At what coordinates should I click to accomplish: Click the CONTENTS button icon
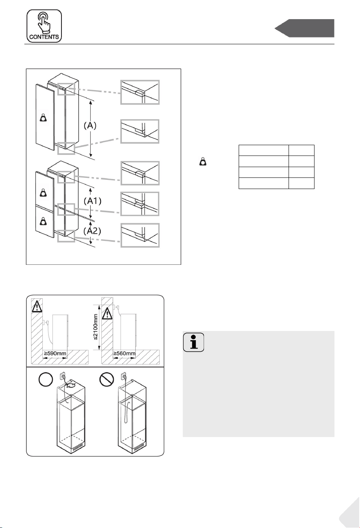(44, 26)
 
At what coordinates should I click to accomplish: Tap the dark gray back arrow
(305, 28)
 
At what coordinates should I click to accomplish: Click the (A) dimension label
(90, 126)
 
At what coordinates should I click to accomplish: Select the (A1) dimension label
(93, 201)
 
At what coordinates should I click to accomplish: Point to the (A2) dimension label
(92, 231)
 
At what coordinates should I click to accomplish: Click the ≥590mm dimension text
(55, 354)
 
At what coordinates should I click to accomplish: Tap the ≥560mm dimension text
(125, 354)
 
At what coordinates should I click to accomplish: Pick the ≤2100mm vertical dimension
(96, 327)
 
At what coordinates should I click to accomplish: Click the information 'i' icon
(194, 342)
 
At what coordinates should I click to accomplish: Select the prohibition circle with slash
(107, 379)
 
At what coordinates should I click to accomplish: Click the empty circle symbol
(45, 379)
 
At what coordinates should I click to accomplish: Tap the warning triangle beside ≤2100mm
(107, 313)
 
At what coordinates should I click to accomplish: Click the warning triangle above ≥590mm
(37, 306)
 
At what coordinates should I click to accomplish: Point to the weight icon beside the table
(203, 162)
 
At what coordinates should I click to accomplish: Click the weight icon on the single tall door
(43, 118)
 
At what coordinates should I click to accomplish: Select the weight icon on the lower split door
(43, 221)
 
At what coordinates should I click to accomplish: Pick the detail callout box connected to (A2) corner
(140, 235)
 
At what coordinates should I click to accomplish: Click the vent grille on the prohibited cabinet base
(139, 450)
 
